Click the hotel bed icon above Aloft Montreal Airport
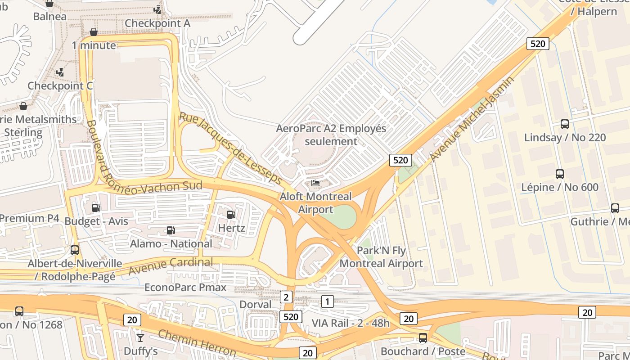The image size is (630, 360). tap(315, 183)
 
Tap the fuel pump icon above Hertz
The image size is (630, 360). tap(231, 215)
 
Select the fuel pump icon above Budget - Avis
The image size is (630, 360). tap(96, 207)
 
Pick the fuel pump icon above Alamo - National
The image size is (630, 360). tap(171, 230)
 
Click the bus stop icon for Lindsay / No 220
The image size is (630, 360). tap(564, 124)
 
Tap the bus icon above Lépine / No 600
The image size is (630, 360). tap(560, 174)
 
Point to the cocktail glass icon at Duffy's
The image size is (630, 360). tap(140, 337)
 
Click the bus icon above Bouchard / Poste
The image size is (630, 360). tap(423, 337)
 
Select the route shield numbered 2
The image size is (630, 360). tap(286, 297)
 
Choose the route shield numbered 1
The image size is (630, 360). tap(328, 301)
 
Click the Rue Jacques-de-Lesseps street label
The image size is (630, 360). tap(230, 148)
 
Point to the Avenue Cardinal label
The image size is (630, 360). tap(171, 266)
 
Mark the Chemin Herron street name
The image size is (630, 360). tap(197, 343)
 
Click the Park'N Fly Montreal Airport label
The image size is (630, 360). tap(381, 257)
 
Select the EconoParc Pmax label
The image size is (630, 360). tap(185, 287)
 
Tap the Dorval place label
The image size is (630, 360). tap(255, 304)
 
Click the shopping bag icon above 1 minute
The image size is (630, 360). tap(94, 32)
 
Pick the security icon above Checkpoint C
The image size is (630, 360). tap(60, 72)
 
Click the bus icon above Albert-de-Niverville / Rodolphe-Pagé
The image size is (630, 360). tap(75, 250)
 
